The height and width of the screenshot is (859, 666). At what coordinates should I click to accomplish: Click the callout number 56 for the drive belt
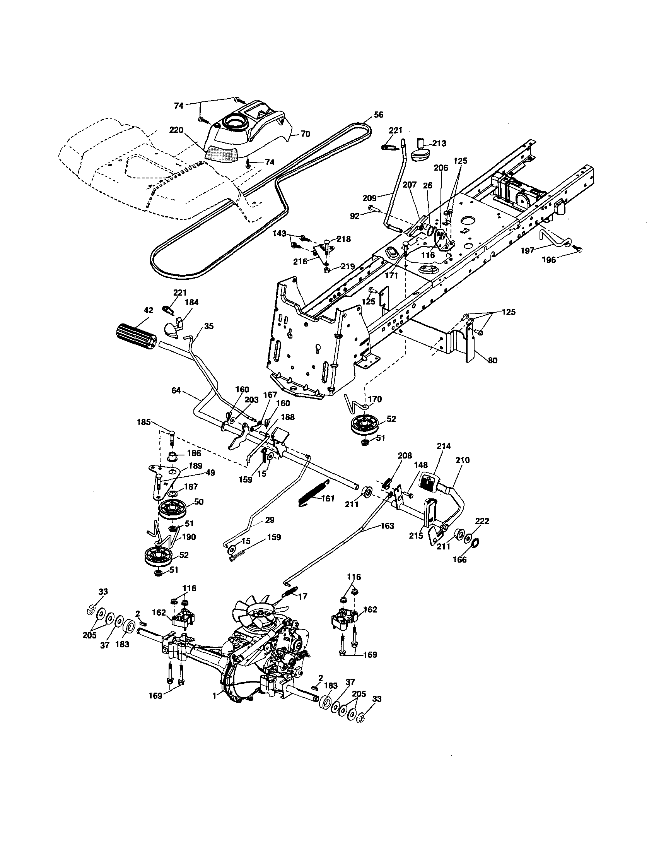(x=378, y=115)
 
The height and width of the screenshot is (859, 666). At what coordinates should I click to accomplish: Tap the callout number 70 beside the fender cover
(x=305, y=134)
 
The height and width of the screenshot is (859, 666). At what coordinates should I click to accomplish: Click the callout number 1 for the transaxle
(x=214, y=696)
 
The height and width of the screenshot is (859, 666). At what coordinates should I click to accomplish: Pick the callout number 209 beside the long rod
(x=370, y=198)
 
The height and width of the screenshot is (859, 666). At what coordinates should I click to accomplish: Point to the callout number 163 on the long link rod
(x=387, y=526)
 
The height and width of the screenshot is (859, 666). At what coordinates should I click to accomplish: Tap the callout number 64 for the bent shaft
(x=176, y=390)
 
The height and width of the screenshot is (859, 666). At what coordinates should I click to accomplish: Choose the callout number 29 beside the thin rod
(x=269, y=520)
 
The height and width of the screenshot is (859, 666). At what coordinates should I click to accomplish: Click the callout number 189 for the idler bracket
(x=195, y=466)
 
